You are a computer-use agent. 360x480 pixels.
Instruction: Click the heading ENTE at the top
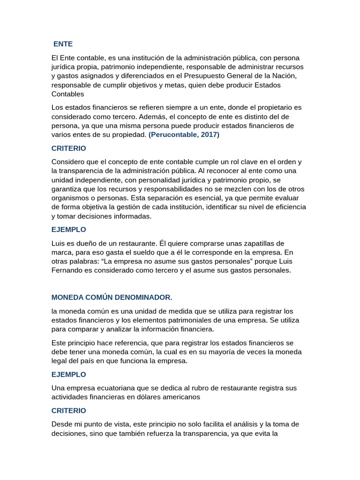[x=63, y=44]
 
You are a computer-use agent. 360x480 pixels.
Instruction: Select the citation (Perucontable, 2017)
[x=184, y=135]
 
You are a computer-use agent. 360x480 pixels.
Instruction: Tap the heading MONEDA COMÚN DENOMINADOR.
[x=112, y=298]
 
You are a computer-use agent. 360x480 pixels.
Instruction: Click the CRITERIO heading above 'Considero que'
[x=68, y=148]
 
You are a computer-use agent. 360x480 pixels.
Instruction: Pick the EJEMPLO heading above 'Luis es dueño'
[x=68, y=230]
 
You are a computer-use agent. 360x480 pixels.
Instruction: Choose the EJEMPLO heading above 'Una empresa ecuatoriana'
[x=68, y=375]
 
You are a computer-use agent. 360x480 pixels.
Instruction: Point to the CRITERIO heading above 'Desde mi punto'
[x=68, y=411]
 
